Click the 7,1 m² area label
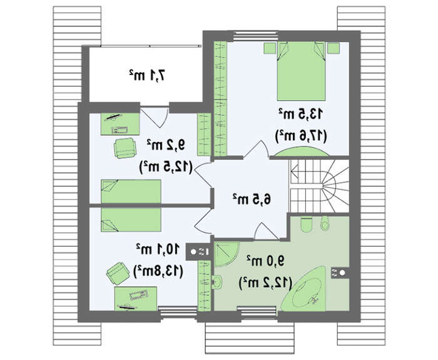point(148,75)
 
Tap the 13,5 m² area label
point(300,114)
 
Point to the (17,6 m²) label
point(300,136)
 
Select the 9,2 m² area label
point(166,145)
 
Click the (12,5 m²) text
point(166,167)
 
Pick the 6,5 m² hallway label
point(252,198)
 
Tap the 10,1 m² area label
point(158,249)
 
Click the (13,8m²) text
point(158,271)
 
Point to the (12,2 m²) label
point(265,283)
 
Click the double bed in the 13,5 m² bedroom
point(301,71)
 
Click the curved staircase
point(320,186)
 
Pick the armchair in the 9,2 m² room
point(125,148)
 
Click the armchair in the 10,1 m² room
point(118,274)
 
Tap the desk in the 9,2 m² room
point(120,124)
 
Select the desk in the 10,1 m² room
point(136,299)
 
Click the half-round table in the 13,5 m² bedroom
point(301,152)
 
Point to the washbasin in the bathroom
point(217,282)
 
